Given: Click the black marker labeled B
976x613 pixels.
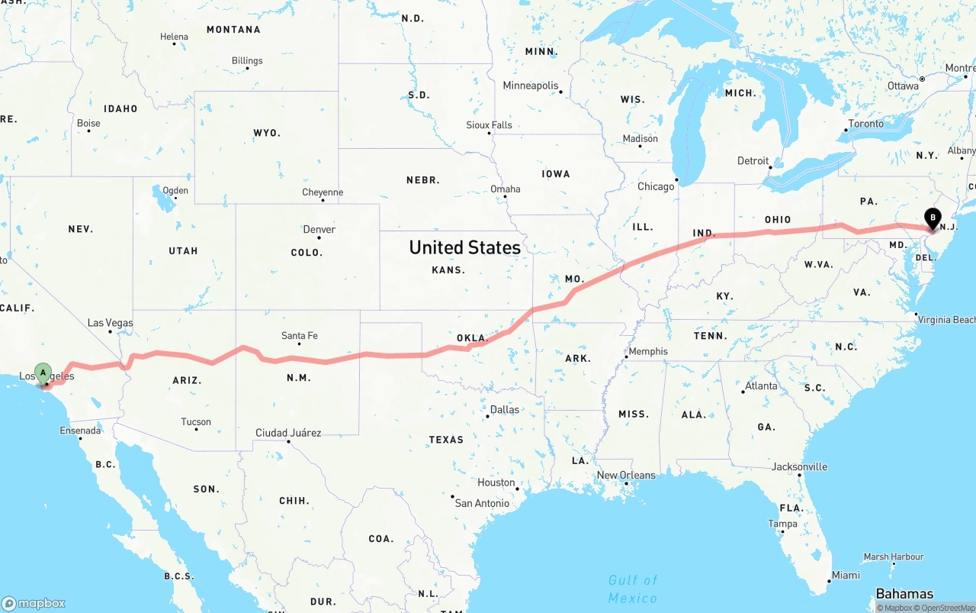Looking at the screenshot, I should click(932, 218).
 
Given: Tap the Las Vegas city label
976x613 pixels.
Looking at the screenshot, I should click(110, 323).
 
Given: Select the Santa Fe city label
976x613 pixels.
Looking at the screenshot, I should click(299, 335).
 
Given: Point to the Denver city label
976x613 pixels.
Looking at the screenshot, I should click(319, 229).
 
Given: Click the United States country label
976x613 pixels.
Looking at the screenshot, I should click(464, 247).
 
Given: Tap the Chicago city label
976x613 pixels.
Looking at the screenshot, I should click(656, 186).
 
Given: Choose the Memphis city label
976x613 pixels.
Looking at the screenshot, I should click(648, 351).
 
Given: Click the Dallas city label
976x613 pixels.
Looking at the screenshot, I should click(504, 409).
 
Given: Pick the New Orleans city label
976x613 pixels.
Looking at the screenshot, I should click(625, 475).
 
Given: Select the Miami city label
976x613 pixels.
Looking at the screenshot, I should click(846, 575).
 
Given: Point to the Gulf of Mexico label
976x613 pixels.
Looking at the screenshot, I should click(633, 589).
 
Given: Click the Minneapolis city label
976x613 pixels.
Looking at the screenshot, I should click(531, 85).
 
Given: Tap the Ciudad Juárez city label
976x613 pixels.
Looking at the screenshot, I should click(288, 433).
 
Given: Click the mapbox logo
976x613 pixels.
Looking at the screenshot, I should click(34, 603).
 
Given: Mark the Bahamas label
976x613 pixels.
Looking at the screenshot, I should click(904, 594).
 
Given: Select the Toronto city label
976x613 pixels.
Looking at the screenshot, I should click(865, 124).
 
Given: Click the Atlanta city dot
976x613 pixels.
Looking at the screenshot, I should click(743, 392).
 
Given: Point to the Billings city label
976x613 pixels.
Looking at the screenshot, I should click(247, 60).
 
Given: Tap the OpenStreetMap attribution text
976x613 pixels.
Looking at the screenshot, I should click(947, 608).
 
